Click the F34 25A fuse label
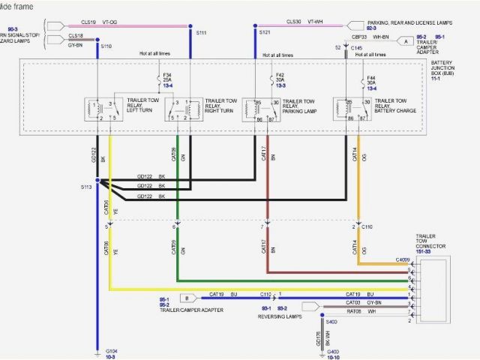[167, 79]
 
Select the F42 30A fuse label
[280, 79]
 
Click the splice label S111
[201, 34]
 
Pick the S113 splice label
[86, 186]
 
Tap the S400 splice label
[331, 322]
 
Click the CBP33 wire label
[359, 35]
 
